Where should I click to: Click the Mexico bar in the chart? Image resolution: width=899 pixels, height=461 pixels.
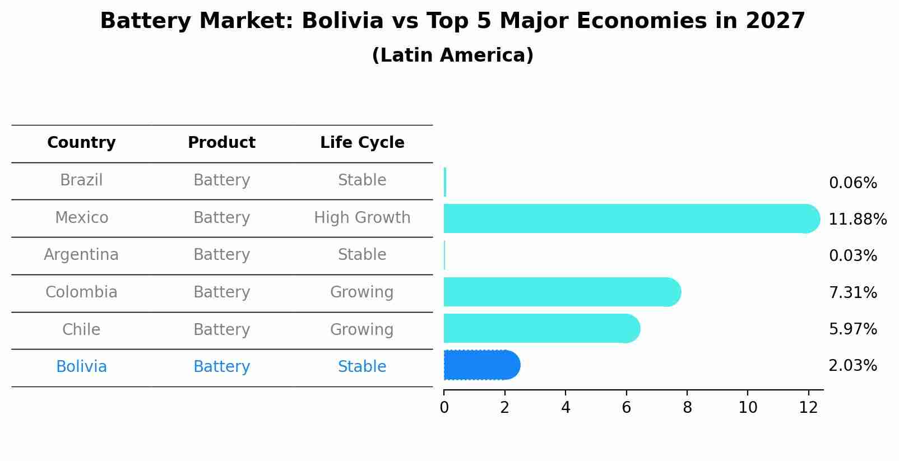tap(628, 218)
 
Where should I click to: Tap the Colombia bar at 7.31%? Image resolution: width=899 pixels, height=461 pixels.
tap(560, 292)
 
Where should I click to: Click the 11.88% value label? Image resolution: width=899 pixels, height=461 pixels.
tap(857, 219)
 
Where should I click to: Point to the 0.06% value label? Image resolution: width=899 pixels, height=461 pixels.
tap(852, 183)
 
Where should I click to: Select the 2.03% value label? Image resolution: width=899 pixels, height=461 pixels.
tap(852, 366)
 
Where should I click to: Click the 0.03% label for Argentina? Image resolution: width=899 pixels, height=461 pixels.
tap(852, 256)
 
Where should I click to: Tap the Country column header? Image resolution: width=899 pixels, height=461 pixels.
tap(81, 143)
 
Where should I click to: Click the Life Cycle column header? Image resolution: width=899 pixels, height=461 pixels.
tap(362, 143)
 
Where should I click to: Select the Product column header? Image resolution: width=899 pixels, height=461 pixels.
tap(221, 143)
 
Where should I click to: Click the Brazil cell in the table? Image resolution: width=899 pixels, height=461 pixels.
tap(81, 180)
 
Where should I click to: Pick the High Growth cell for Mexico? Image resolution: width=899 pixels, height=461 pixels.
tap(362, 218)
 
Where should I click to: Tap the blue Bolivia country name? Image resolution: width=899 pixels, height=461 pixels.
tap(81, 367)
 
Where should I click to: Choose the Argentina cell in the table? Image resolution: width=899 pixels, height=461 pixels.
tap(81, 255)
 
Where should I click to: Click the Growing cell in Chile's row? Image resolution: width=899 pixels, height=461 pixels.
tap(362, 329)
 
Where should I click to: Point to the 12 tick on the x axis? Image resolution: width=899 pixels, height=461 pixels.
tap(808, 408)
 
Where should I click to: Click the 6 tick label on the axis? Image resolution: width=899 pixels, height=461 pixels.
tap(626, 408)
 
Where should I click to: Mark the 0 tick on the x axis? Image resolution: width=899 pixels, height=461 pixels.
tap(444, 408)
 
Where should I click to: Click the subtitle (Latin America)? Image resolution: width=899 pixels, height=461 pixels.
tap(452, 55)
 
